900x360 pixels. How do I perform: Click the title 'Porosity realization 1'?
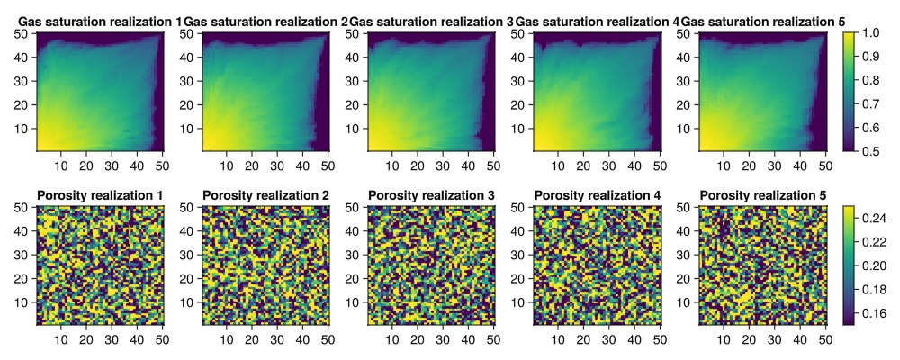pyautogui.click(x=100, y=195)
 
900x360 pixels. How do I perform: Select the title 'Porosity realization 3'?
pyautogui.click(x=431, y=195)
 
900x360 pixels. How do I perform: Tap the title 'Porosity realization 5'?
pyautogui.click(x=762, y=195)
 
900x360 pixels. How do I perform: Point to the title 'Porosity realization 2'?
pyautogui.click(x=265, y=195)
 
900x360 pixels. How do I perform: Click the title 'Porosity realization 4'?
pyautogui.click(x=597, y=195)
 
